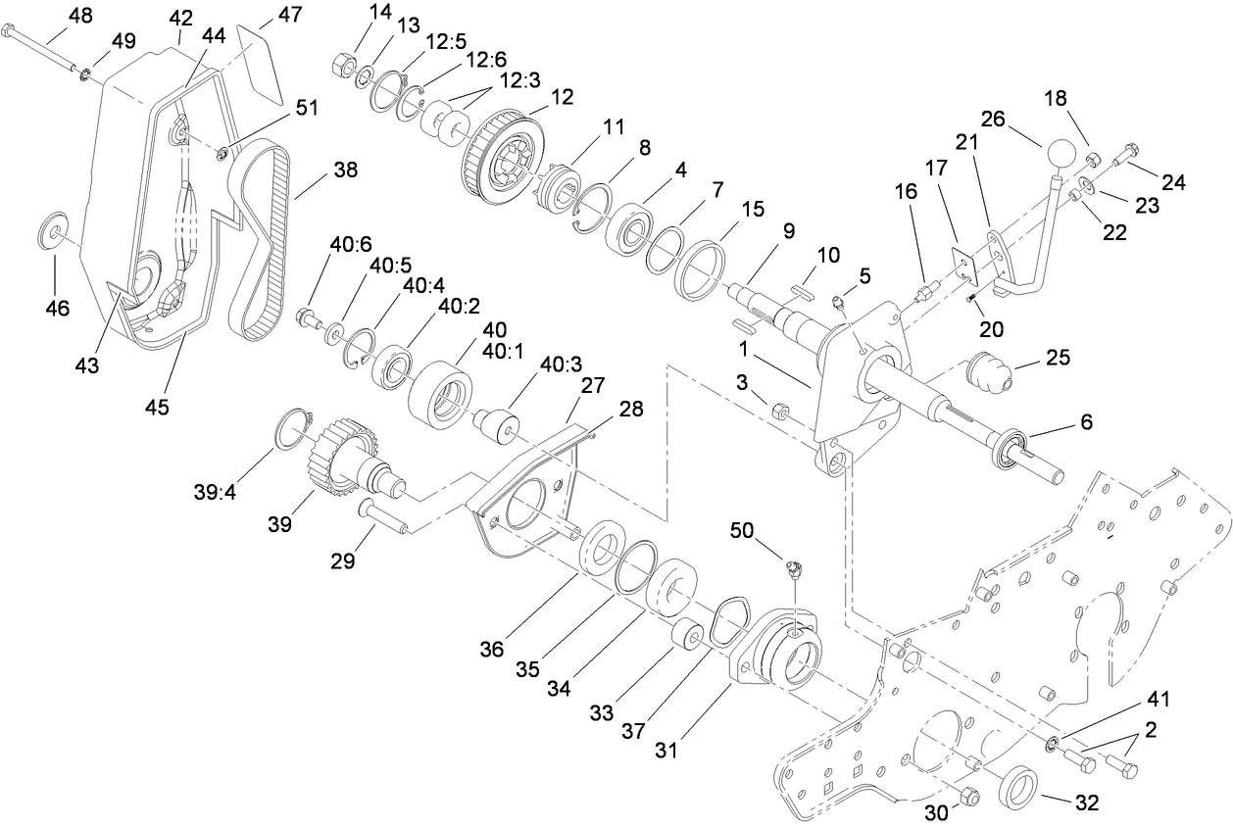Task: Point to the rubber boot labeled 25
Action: coord(987,371)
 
